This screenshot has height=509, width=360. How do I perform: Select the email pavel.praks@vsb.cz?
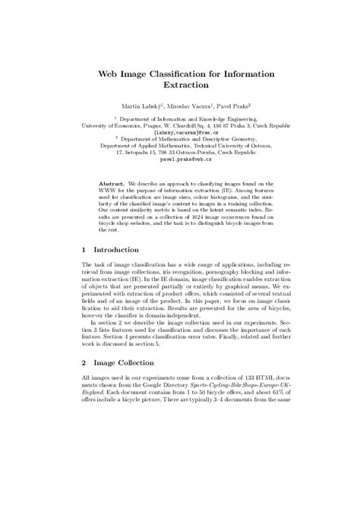[180, 160]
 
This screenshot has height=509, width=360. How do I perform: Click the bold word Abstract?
[113, 184]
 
